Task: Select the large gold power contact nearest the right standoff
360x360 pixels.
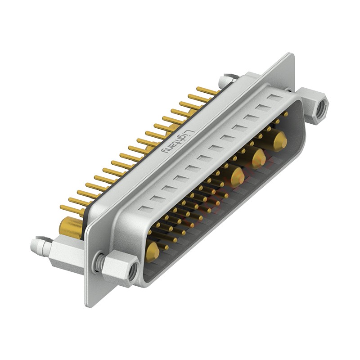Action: (x=280, y=140)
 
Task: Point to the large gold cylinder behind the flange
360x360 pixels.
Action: (x=71, y=227)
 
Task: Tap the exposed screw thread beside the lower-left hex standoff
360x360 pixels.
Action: (x=99, y=263)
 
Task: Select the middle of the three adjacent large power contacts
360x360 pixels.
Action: (x=258, y=158)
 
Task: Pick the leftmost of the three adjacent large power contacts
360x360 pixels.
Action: (x=237, y=177)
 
